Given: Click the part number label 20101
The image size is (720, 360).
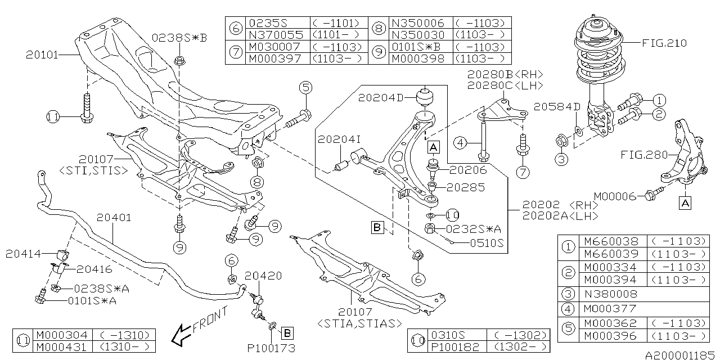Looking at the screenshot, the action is [42, 55].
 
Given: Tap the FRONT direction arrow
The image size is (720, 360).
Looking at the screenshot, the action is [182, 335].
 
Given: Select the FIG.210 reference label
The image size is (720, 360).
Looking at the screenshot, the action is [664, 43].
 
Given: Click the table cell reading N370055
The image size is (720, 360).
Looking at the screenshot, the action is [276, 35].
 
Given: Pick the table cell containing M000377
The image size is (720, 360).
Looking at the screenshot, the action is [610, 309].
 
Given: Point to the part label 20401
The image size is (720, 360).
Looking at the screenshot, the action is [114, 218].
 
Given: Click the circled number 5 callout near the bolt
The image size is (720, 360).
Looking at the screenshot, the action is [305, 87].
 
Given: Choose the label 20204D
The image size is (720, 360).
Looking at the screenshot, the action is [381, 98].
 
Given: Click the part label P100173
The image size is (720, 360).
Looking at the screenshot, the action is [271, 348].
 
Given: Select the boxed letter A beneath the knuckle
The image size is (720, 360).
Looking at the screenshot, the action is [685, 203].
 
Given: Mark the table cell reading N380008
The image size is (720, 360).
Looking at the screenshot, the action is [610, 294].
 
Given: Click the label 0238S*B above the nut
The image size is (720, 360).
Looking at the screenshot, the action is [179, 38].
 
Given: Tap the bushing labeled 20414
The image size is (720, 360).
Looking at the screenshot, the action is [64, 255].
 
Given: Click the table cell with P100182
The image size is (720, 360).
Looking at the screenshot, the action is [455, 347].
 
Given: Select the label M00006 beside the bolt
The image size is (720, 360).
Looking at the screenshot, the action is [615, 196].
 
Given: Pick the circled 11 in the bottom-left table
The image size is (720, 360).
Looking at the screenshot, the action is [23, 341].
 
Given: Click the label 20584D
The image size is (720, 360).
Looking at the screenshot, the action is [557, 107].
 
